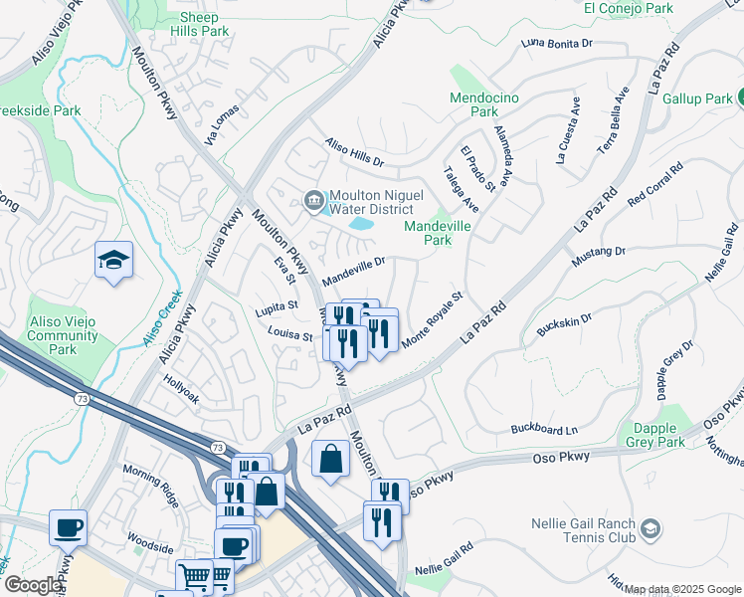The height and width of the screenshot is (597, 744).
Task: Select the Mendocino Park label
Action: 487,104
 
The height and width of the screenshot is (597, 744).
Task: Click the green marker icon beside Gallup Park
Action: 740,98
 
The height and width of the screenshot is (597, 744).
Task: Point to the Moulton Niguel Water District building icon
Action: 314,201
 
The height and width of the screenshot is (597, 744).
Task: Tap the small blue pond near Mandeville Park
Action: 360,225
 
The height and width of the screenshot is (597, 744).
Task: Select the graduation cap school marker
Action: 113,260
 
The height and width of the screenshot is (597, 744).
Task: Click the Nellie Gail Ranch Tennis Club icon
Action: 651,526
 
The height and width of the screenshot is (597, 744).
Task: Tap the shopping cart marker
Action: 194,576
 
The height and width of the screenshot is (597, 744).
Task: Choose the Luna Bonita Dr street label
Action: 556,43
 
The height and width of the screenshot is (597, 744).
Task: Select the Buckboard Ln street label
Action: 544,430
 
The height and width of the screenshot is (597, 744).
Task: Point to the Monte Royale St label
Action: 434,320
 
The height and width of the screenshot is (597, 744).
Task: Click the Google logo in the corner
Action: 32,585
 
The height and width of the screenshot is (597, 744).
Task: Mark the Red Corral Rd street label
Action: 656,186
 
